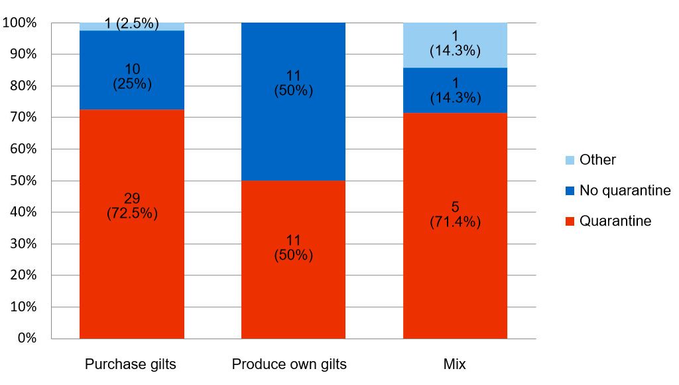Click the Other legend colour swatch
(570, 160)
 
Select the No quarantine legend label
(625, 191)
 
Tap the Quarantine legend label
(615, 221)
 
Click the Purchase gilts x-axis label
(131, 364)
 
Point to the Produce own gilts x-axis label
(289, 364)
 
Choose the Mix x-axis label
(456, 364)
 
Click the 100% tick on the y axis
(21, 23)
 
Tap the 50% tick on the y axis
(25, 181)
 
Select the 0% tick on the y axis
(27, 339)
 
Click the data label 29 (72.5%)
(131, 206)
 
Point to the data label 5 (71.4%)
(455, 214)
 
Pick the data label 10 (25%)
(131, 76)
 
